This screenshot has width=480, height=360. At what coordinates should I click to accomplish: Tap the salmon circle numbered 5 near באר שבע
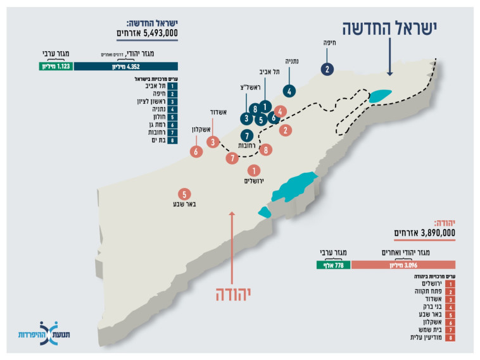point(184,194)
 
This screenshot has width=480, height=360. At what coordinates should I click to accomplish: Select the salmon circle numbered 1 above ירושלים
point(254,170)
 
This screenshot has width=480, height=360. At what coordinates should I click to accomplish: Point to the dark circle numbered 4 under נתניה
point(289,90)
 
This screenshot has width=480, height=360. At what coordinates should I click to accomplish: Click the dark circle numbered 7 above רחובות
point(246,135)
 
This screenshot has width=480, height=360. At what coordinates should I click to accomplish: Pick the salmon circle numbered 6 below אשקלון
point(196,151)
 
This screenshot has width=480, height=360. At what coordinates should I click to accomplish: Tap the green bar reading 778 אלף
point(333,265)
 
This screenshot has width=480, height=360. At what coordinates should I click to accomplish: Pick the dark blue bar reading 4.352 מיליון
point(125,66)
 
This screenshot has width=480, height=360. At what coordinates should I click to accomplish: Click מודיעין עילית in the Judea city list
point(430,338)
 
